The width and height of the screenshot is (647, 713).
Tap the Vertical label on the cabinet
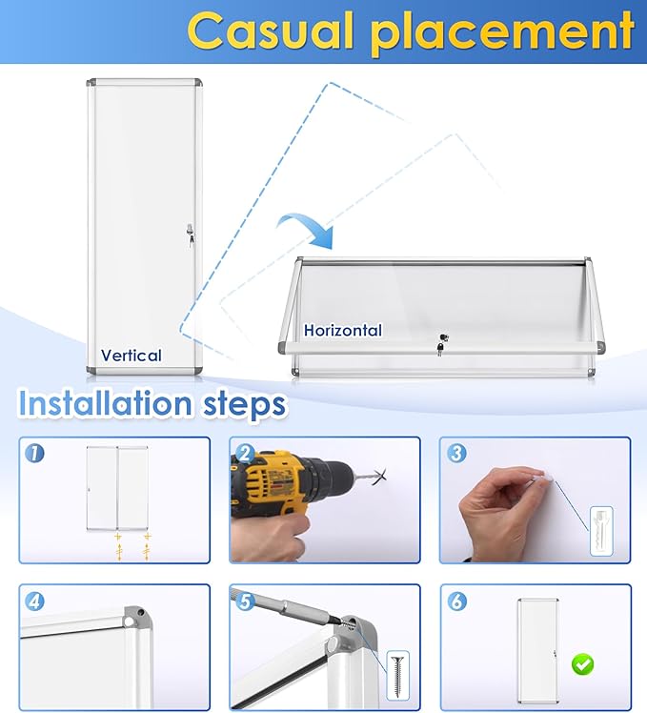point(131,356)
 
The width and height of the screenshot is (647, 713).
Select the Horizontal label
point(343,330)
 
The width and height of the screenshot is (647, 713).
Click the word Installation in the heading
point(105,403)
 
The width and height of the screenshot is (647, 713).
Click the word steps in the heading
point(245,405)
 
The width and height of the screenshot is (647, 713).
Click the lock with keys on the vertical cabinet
point(190,234)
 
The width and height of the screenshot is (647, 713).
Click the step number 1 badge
point(34,454)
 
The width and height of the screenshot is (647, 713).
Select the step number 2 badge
point(246,454)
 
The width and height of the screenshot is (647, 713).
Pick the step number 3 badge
point(456,454)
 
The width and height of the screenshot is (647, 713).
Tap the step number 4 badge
point(34,601)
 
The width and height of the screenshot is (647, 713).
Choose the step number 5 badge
point(246,601)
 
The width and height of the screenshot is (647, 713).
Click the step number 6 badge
point(456,601)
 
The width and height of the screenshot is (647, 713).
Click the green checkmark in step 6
point(582,664)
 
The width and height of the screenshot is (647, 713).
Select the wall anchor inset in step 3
point(601,531)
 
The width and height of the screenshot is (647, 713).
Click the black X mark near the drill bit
point(379,477)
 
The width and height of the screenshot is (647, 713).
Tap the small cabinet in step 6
point(537,650)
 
